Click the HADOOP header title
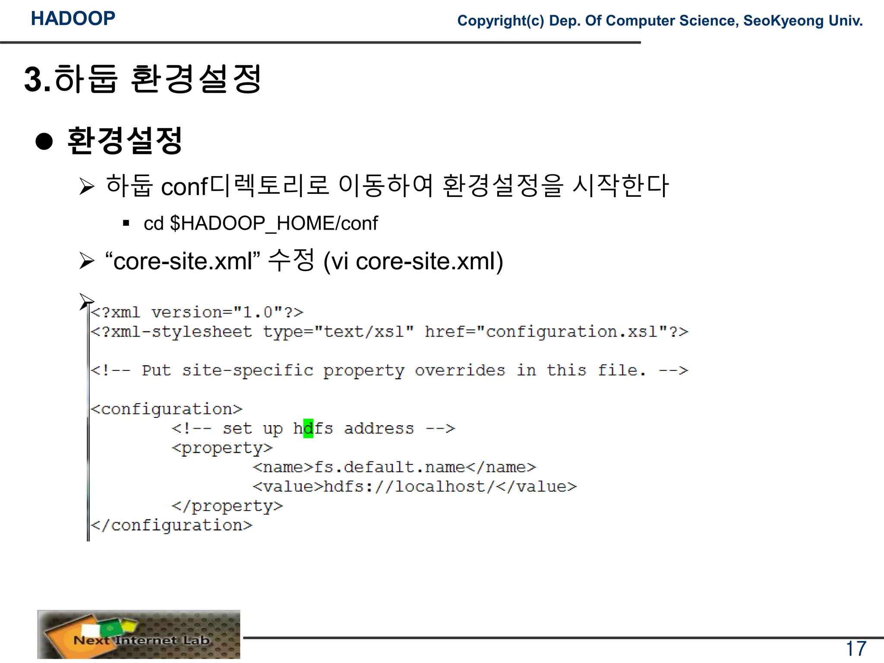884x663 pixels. click(73, 19)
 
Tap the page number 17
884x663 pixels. click(856, 648)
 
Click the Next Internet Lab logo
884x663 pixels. click(139, 634)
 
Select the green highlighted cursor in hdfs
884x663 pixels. click(308, 429)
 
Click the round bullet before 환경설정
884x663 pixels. click(44, 141)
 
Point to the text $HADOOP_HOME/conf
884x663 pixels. click(274, 224)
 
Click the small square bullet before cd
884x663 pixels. click(126, 223)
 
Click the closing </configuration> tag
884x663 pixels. click(171, 525)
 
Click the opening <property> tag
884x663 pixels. click(222, 448)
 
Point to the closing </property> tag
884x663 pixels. click(227, 506)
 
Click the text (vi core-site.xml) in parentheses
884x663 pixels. click(413, 261)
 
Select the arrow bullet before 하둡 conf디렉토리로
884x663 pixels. click(87, 186)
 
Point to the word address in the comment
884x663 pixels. click(379, 429)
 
